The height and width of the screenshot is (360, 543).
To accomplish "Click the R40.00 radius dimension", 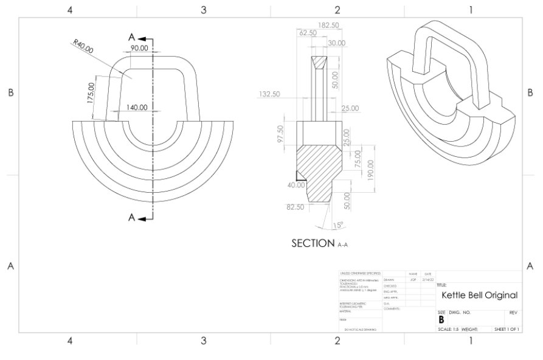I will tap(83, 47).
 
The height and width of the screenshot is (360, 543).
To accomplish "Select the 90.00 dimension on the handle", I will tap(139, 48).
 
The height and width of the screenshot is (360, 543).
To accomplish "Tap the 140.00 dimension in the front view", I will tap(136, 107).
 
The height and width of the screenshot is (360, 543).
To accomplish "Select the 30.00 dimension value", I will tap(336, 43).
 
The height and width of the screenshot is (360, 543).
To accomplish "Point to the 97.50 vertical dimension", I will tap(281, 133).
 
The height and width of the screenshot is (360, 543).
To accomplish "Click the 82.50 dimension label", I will tap(295, 207).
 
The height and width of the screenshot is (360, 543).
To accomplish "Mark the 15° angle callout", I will tap(338, 226).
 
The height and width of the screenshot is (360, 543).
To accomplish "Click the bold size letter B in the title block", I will tap(441, 318).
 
